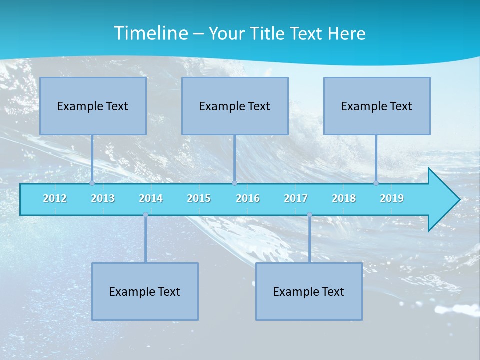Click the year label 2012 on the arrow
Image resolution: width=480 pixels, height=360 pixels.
click(55, 198)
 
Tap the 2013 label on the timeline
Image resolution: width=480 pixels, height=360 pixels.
click(103, 198)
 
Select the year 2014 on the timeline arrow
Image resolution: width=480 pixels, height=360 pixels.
click(151, 198)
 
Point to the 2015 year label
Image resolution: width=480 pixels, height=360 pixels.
click(199, 198)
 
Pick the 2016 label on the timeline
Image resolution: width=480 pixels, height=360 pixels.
click(248, 198)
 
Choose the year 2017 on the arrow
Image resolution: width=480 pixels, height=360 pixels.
click(296, 198)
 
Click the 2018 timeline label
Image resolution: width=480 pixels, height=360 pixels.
click(344, 198)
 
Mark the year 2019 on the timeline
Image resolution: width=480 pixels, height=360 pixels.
click(392, 198)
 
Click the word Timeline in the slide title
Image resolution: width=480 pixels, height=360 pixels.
click(150, 33)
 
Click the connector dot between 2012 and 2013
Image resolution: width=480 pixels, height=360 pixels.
click(92, 183)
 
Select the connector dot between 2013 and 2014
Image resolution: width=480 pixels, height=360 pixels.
click(145, 215)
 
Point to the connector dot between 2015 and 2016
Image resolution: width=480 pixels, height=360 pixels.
click(234, 183)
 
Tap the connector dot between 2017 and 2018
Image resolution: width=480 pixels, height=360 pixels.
click(309, 215)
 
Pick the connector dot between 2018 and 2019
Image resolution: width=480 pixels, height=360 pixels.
click(376, 183)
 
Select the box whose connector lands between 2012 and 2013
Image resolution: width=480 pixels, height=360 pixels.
click(93, 106)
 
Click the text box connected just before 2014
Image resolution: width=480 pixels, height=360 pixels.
click(145, 291)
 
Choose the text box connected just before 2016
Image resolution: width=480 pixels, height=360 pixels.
click(235, 106)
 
